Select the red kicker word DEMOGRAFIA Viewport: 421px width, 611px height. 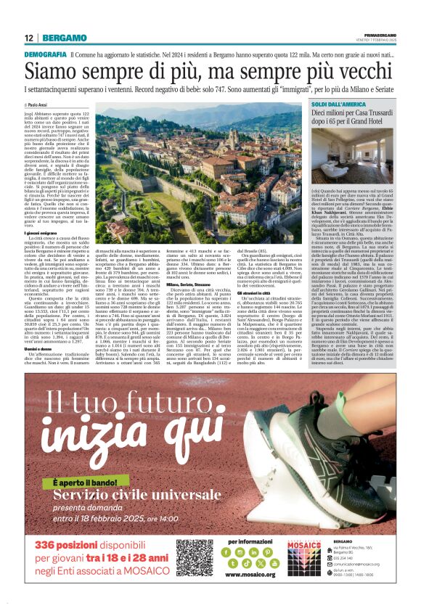coord(44,55)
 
